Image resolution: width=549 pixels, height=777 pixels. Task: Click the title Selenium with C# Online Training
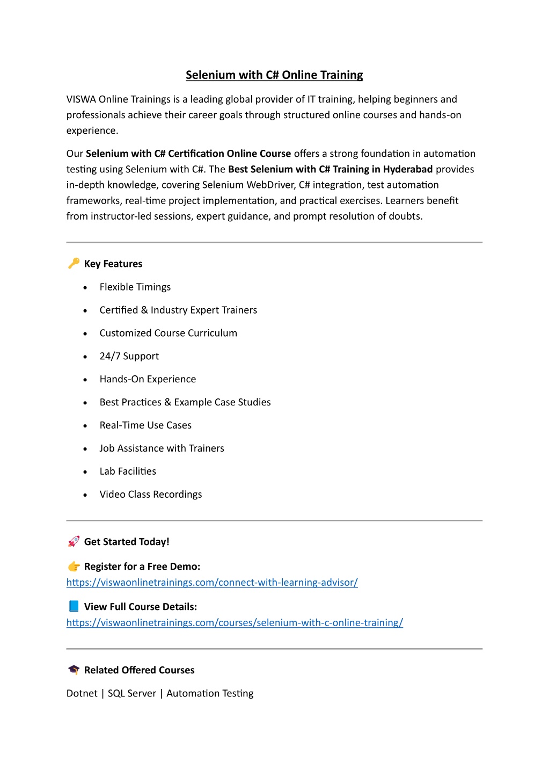274,75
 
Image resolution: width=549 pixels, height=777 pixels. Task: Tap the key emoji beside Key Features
74,263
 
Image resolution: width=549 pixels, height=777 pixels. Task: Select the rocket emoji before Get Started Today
74,541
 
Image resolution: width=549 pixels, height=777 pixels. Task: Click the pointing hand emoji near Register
74,567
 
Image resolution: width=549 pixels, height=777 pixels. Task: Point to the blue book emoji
74,606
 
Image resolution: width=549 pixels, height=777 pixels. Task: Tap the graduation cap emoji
74,670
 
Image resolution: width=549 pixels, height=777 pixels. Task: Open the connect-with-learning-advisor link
212,582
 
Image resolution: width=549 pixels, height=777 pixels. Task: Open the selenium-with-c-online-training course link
235,622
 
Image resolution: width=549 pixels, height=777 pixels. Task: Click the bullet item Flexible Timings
135,287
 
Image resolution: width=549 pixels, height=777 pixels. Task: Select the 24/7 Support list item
129,356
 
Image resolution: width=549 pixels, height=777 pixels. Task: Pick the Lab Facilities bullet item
128,471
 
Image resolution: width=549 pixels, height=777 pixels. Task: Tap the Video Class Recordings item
151,495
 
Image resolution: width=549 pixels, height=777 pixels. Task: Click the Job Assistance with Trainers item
162,448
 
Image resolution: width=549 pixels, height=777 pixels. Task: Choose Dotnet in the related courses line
82,693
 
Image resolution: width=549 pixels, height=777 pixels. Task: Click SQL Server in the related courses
132,693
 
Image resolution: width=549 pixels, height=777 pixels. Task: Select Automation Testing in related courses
210,693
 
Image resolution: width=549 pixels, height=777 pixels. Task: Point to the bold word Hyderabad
407,169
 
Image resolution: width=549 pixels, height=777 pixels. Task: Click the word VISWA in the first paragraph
81,99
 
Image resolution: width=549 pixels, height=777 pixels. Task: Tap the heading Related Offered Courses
139,670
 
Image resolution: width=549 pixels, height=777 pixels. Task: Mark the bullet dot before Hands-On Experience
85,380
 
